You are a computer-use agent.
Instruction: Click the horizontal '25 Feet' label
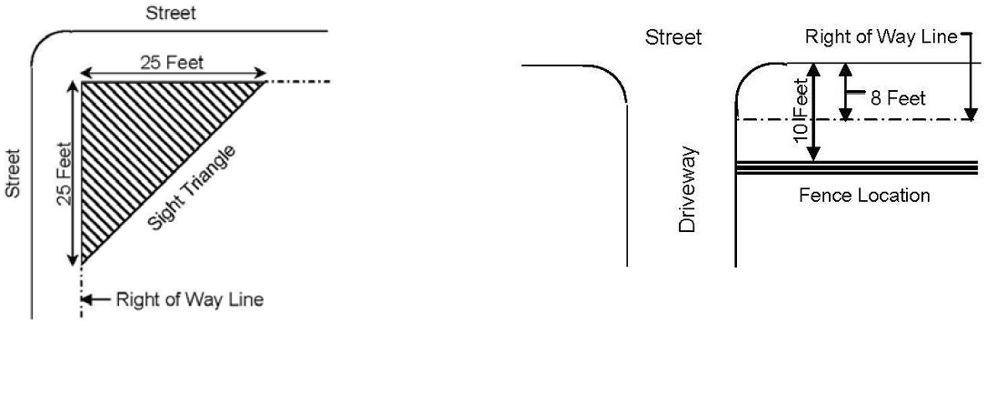[172, 63]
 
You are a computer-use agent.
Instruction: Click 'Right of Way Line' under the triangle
[190, 299]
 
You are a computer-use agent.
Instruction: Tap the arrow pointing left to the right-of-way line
[98, 299]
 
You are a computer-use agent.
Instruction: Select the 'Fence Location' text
[863, 196]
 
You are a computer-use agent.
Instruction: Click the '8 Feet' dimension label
[898, 98]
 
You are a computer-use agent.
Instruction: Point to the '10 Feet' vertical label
[800, 116]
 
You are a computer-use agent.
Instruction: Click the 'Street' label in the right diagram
[673, 37]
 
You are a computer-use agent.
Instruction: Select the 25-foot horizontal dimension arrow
[173, 75]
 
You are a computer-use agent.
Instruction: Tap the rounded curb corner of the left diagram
[43, 42]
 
